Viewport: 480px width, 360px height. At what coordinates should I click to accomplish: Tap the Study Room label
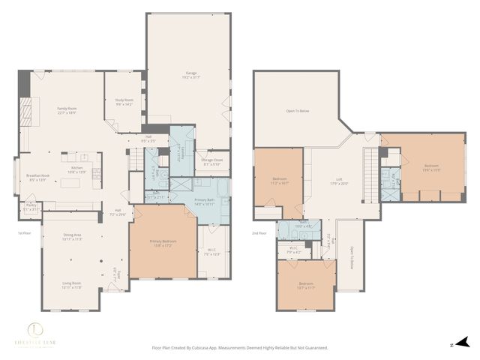[x=124, y=101]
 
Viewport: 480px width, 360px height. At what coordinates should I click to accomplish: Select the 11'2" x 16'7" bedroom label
[x=280, y=181]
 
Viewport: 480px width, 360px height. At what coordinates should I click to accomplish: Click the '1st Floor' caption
[x=24, y=233]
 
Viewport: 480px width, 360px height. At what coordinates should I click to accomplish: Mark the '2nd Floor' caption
[x=259, y=233]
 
